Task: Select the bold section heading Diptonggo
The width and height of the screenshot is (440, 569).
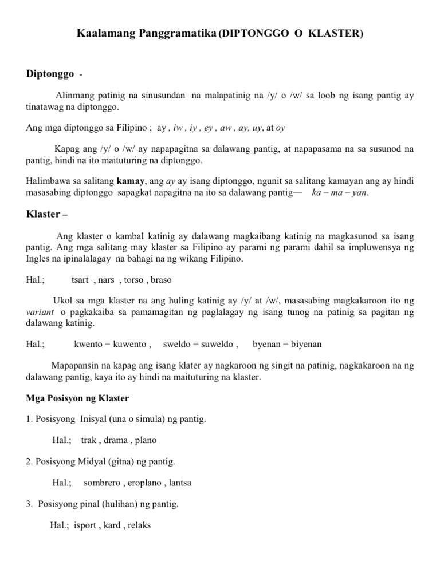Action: (x=50, y=74)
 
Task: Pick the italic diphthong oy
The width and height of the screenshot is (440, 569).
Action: (x=281, y=128)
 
